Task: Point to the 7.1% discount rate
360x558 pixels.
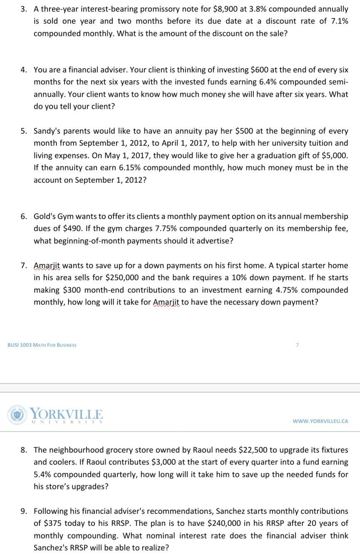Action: coord(338,21)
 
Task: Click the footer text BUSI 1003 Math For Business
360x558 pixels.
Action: coord(42,345)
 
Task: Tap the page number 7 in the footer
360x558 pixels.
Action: coord(297,345)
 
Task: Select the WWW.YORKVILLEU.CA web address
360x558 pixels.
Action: coord(320,421)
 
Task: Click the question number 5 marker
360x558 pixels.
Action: coord(25,131)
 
